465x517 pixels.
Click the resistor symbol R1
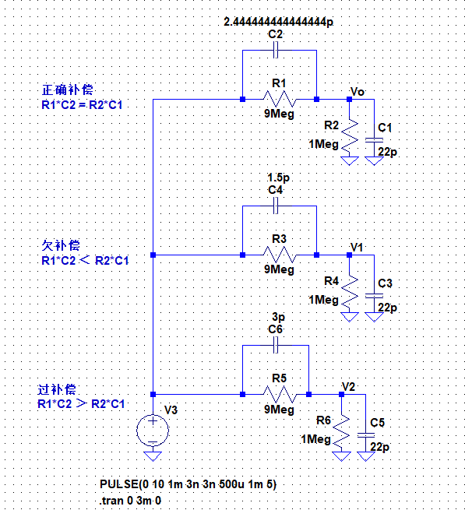click(x=280, y=99)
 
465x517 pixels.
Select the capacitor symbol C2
click(x=276, y=51)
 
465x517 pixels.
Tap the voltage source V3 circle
click(x=153, y=431)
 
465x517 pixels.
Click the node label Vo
click(x=358, y=91)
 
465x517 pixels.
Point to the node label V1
click(x=357, y=247)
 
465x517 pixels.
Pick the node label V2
click(x=349, y=386)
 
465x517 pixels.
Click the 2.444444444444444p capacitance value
click(x=278, y=22)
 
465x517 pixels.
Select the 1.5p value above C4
click(x=278, y=178)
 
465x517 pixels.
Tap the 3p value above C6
click(x=278, y=317)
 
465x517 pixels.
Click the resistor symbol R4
click(x=349, y=291)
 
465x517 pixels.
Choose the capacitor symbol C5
click(x=366, y=435)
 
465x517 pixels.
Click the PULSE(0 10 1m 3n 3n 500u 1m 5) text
click(x=188, y=484)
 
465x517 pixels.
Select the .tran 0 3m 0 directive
click(x=130, y=501)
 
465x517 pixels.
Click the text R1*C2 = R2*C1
click(x=82, y=105)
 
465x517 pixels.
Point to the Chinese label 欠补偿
click(x=61, y=245)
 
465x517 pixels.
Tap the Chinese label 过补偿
click(x=57, y=389)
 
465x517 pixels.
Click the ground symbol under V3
click(x=153, y=456)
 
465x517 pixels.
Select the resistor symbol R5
click(x=280, y=394)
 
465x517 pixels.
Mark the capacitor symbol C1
click(x=374, y=140)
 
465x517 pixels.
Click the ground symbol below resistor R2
click(x=349, y=160)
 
